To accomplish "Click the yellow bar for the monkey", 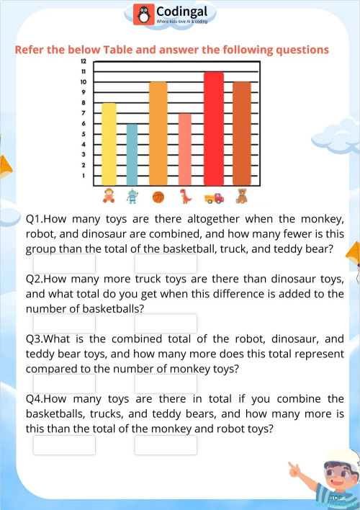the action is click(x=109, y=144).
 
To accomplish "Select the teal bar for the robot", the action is click(x=131, y=155).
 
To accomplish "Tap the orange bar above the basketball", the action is click(x=158, y=134).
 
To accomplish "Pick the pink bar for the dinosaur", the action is click(x=185, y=150).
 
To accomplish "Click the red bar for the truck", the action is click(x=214, y=130).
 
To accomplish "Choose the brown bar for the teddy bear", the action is click(x=242, y=134).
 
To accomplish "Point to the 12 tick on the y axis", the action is click(x=84, y=62).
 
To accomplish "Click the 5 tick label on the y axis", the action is click(x=84, y=134).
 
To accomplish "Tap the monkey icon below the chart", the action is click(x=109, y=195).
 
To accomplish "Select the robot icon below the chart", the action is click(x=132, y=195).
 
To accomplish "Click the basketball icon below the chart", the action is click(x=158, y=196).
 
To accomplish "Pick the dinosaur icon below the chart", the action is click(x=185, y=195).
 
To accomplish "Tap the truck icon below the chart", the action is click(x=214, y=197).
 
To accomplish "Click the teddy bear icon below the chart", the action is click(x=242, y=195).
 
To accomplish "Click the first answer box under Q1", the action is click(x=64, y=264).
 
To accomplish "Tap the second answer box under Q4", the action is click(x=166, y=444).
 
